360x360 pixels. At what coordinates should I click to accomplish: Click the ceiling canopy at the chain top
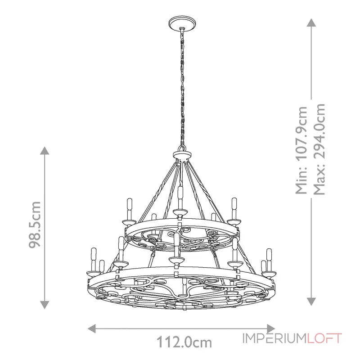[x=181, y=23]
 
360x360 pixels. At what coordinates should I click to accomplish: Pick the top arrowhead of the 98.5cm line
[x=44, y=151]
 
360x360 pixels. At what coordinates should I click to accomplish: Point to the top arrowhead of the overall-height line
[x=310, y=22]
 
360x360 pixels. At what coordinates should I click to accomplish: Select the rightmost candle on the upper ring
[x=234, y=207]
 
